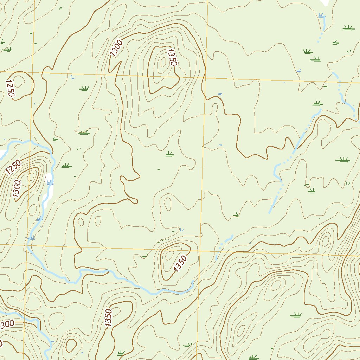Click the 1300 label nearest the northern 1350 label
tap(116, 49)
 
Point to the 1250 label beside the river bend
tap(13, 166)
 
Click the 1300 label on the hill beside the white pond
tap(17, 190)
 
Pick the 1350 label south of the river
tap(108, 318)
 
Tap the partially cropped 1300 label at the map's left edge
tap(6, 324)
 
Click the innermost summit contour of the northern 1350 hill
tap(163, 62)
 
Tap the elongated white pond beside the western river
tap(48, 190)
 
